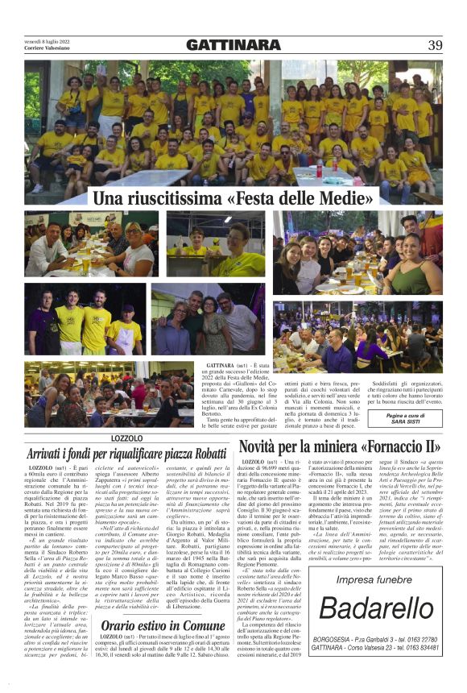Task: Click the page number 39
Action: click(x=435, y=46)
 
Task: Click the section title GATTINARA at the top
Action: click(x=233, y=46)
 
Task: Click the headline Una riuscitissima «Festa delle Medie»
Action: click(x=234, y=197)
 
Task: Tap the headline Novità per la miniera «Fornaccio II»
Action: click(x=341, y=446)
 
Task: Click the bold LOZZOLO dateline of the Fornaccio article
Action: click(x=254, y=461)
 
